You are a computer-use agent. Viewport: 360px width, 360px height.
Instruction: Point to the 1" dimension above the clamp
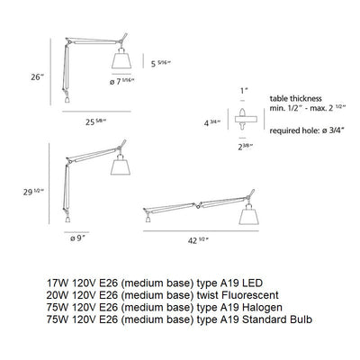pos(243,90)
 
